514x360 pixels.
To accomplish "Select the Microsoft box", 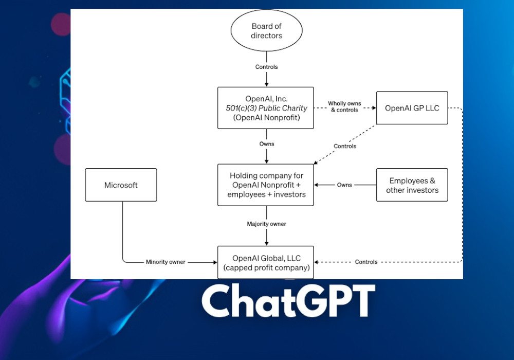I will pyautogui.click(x=121, y=185).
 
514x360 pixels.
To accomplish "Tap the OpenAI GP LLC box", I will pyautogui.click(x=412, y=108).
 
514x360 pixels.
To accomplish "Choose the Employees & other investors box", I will pyautogui.click(x=412, y=185).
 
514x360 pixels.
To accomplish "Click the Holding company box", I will pyautogui.click(x=266, y=185).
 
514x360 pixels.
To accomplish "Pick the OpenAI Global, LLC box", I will pyautogui.click(x=266, y=262).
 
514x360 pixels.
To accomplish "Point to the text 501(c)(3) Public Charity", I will pyautogui.click(x=266, y=108).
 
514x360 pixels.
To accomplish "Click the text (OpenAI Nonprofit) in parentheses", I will pyautogui.click(x=266, y=117).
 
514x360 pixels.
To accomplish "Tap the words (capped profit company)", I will pyautogui.click(x=266, y=267).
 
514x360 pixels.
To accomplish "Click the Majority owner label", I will pyautogui.click(x=266, y=224).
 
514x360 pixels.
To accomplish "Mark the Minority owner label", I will pyautogui.click(x=166, y=262).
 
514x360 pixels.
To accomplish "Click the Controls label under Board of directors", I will pyautogui.click(x=266, y=67).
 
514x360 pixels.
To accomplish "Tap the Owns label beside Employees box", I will pyautogui.click(x=344, y=185).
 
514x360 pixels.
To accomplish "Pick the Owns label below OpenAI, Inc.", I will pyautogui.click(x=266, y=144).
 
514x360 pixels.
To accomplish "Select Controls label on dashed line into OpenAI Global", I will pyautogui.click(x=366, y=262).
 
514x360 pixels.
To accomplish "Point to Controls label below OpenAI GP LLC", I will pyautogui.click(x=345, y=147).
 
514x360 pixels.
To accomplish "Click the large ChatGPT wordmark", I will pyautogui.click(x=287, y=302).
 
